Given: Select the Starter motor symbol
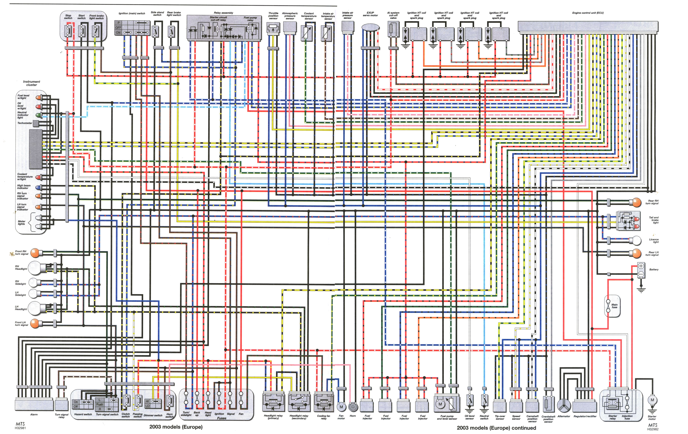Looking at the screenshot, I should [652, 400].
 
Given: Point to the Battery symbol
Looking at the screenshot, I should [641, 270].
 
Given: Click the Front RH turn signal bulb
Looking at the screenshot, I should [35, 253].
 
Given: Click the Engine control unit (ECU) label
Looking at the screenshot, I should [588, 13].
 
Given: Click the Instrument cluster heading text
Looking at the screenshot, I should [31, 83].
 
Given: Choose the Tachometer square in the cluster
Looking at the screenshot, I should [36, 123].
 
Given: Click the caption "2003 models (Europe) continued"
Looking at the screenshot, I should [496, 428].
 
